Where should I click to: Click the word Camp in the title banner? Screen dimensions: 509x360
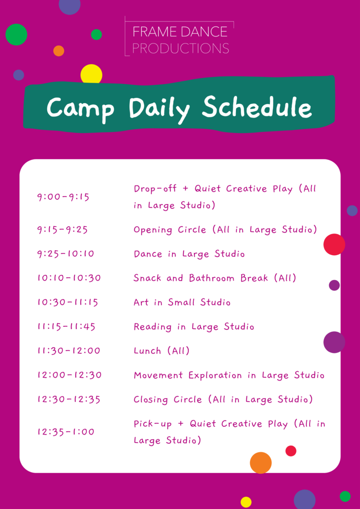point(80,107)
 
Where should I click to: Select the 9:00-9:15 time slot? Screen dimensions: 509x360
point(63,197)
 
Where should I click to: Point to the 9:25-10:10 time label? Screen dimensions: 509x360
point(66,254)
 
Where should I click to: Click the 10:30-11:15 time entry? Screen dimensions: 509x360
point(67,302)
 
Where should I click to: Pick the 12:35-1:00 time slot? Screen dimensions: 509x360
point(66,432)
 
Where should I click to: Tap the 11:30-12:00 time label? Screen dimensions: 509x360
point(68,351)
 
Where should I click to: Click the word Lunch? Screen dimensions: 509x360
point(147,351)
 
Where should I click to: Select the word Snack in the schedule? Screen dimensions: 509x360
point(147,278)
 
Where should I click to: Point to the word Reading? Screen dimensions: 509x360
point(152,327)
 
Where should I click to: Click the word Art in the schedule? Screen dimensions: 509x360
point(141,302)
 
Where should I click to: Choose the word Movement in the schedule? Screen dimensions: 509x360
point(158,375)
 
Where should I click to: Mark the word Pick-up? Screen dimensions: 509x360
point(153,424)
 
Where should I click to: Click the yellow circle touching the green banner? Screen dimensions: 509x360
point(91,74)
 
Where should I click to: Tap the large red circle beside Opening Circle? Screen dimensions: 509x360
point(334,244)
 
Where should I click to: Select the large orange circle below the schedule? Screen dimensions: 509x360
point(261,463)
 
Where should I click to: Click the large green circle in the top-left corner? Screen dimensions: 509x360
point(16,34)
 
